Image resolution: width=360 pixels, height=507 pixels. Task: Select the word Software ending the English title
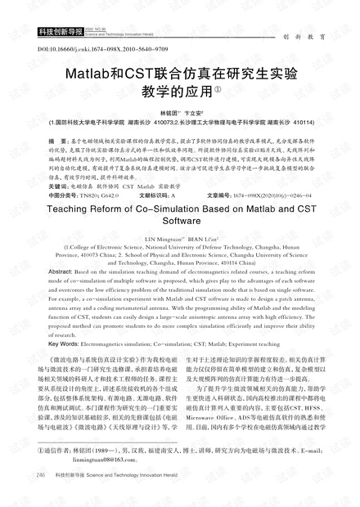(180, 222)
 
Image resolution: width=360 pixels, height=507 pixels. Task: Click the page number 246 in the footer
(41, 496)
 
